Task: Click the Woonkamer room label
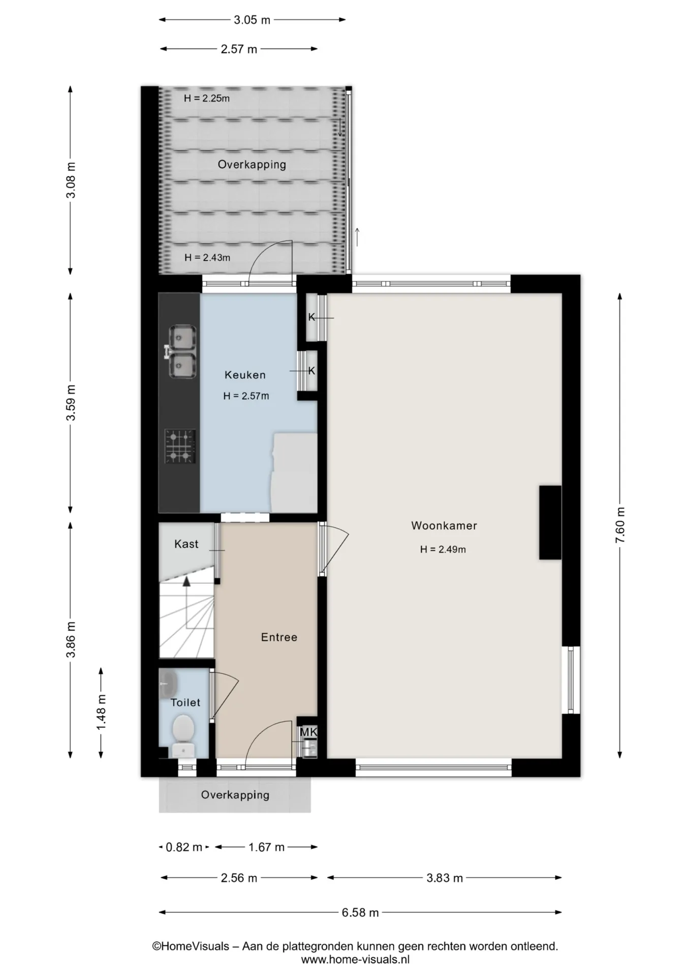(444, 526)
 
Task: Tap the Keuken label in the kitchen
(245, 375)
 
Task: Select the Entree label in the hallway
(279, 637)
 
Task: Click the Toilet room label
(185, 703)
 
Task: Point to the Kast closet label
(186, 544)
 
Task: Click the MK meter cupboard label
(308, 732)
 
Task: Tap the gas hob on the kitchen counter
(180, 446)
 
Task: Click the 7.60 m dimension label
(620, 526)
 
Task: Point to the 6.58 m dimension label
(360, 912)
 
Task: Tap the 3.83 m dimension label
(445, 878)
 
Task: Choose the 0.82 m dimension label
(184, 847)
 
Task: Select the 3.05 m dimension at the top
(252, 20)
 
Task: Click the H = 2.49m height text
(443, 550)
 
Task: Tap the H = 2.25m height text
(207, 99)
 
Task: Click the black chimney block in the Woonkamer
(550, 523)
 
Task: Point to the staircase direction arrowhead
(186, 582)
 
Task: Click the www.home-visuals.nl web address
(355, 960)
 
